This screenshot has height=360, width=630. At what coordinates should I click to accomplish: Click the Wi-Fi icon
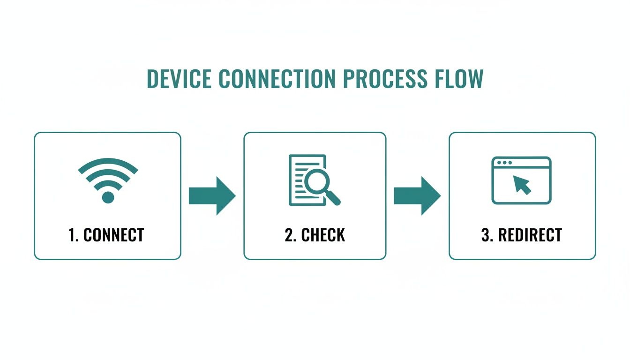click(x=108, y=180)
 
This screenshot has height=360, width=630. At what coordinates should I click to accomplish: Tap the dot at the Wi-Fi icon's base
click(x=108, y=197)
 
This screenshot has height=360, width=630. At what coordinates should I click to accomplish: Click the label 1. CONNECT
click(x=106, y=235)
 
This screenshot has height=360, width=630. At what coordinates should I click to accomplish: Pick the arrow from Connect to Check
click(x=212, y=196)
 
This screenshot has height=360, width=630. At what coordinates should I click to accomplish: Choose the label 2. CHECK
click(x=315, y=235)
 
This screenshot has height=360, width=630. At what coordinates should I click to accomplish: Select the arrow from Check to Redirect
click(x=417, y=196)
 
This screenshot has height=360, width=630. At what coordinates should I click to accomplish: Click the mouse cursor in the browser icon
click(x=522, y=185)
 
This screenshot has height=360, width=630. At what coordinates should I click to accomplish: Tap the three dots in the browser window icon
click(x=504, y=163)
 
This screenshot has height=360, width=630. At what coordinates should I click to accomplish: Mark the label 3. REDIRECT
click(x=521, y=235)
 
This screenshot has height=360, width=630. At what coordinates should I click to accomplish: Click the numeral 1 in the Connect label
click(x=72, y=235)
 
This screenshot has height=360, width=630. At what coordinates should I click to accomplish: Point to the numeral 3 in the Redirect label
click(x=485, y=235)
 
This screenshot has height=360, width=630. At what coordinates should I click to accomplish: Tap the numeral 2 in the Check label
click(x=289, y=235)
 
